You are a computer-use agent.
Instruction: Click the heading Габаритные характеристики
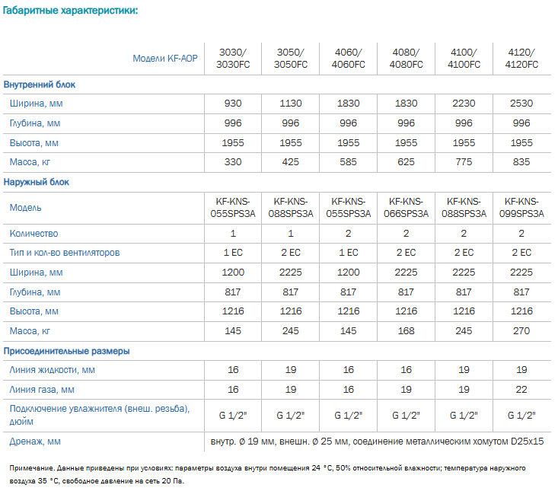pos(70,11)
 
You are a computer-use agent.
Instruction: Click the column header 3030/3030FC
pos(233,59)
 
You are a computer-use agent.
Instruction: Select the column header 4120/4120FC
pos(521,59)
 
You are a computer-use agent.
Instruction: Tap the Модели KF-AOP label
pos(165,59)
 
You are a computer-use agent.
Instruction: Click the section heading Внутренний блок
pos(40,84)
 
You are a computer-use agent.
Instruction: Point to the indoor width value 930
pos(233,104)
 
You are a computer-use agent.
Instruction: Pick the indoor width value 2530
pos(521,104)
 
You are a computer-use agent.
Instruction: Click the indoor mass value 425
pos(290,162)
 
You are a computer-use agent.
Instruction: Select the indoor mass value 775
pos(464,162)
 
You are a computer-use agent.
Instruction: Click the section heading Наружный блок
pos(37,182)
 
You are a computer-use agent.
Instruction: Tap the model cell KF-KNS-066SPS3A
pos(406,207)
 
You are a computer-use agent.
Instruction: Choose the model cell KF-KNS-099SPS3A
pos(521,207)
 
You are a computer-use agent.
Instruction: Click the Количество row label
pos(33,234)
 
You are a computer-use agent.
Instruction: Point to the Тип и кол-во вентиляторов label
pos(65,253)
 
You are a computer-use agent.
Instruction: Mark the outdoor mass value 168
pos(406,331)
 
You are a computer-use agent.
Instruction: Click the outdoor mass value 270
pos(521,331)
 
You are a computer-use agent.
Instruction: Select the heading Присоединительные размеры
pos(66,351)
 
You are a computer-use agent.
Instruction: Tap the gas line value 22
pos(521,390)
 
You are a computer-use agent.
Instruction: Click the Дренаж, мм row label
pos(35,442)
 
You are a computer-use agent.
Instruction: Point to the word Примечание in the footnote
pos(32,468)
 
